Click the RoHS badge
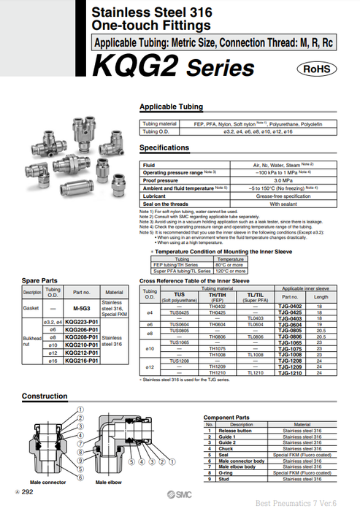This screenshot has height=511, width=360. tap(316, 69)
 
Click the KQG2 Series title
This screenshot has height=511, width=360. tap(174, 67)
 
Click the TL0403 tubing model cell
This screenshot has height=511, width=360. tap(255, 318)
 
